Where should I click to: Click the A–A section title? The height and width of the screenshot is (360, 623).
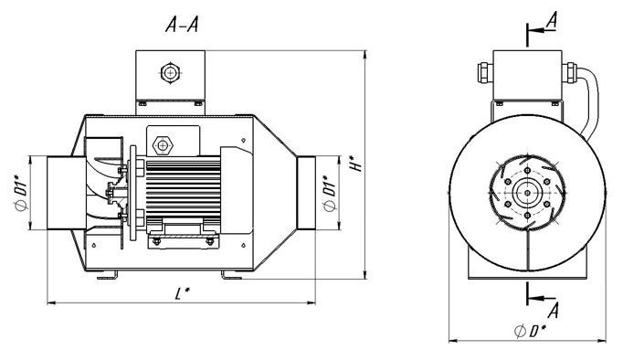[182, 25]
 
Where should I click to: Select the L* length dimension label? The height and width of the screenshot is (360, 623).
[182, 293]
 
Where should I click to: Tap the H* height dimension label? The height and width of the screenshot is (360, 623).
[356, 162]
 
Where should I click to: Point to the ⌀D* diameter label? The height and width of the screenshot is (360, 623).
[530, 331]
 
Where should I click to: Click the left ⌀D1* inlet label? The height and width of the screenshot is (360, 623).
[21, 193]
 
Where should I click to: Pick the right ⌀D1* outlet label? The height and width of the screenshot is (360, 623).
[330, 193]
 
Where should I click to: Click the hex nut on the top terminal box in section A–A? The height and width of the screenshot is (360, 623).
[170, 73]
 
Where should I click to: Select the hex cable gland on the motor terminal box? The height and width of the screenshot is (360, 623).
[163, 146]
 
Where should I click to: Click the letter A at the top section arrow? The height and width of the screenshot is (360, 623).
[552, 20]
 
